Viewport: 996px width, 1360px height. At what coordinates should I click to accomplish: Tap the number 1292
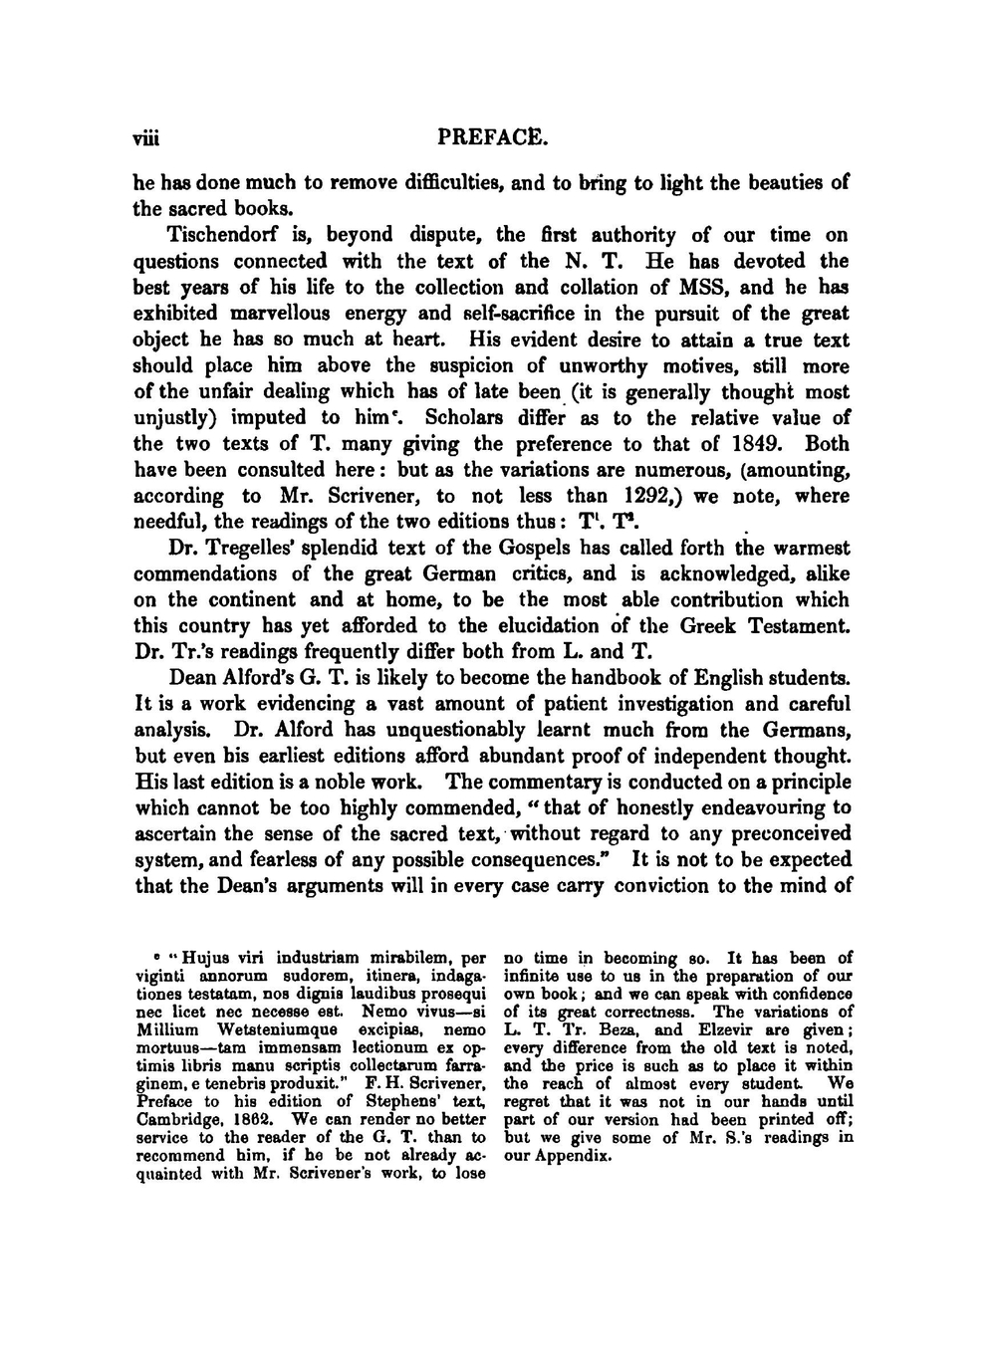click(x=652, y=496)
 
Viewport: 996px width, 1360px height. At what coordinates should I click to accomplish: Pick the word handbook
click(x=638, y=678)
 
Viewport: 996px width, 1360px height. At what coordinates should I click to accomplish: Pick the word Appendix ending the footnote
click(x=572, y=1156)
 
